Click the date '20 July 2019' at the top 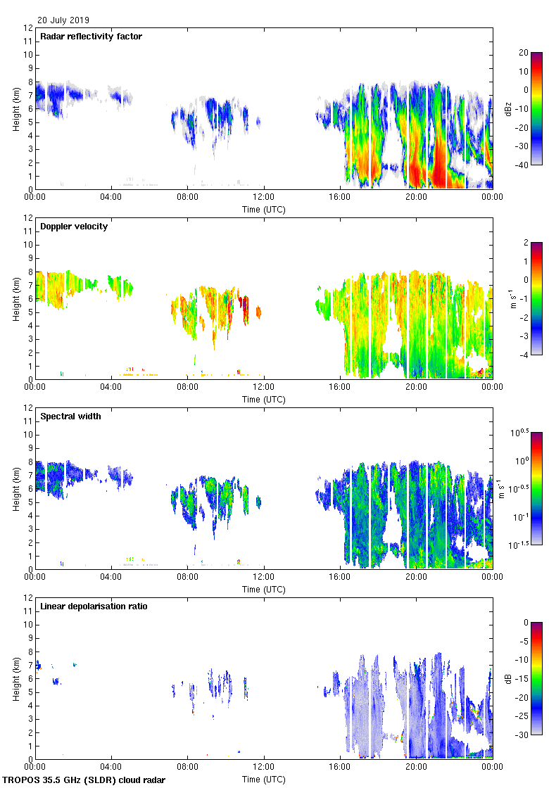pyautogui.click(x=63, y=20)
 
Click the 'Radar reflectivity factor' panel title pyautogui.click(x=91, y=37)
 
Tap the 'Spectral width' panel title pyautogui.click(x=70, y=417)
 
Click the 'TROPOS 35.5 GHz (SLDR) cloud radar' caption pyautogui.click(x=85, y=780)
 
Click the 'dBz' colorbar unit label pyautogui.click(x=509, y=109)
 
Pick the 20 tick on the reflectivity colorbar pyautogui.click(x=524, y=53)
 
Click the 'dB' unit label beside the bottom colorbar pyautogui.click(x=509, y=679)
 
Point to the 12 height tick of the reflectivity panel pyautogui.click(x=28, y=28)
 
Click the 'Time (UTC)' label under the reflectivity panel pyautogui.click(x=264, y=209)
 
